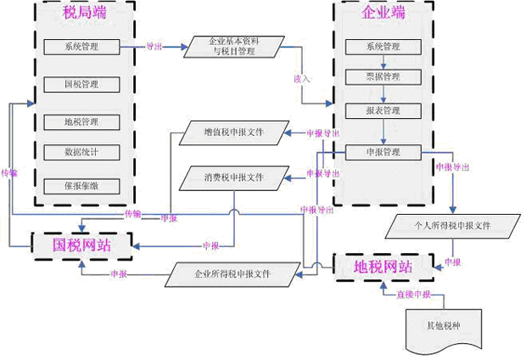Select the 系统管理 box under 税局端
click(x=81, y=47)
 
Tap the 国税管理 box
click(x=81, y=84)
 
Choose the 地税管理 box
click(x=81, y=121)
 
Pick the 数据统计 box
click(x=81, y=153)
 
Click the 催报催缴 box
click(x=81, y=185)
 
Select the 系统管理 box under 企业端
click(x=383, y=47)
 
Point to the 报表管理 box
click(x=383, y=111)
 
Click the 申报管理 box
click(x=383, y=153)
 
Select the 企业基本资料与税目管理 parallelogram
click(x=234, y=47)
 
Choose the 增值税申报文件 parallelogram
click(x=233, y=132)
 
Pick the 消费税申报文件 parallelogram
click(x=233, y=178)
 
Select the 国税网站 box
click(x=81, y=245)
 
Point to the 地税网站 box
click(x=383, y=267)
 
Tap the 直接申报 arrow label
click(x=414, y=295)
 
